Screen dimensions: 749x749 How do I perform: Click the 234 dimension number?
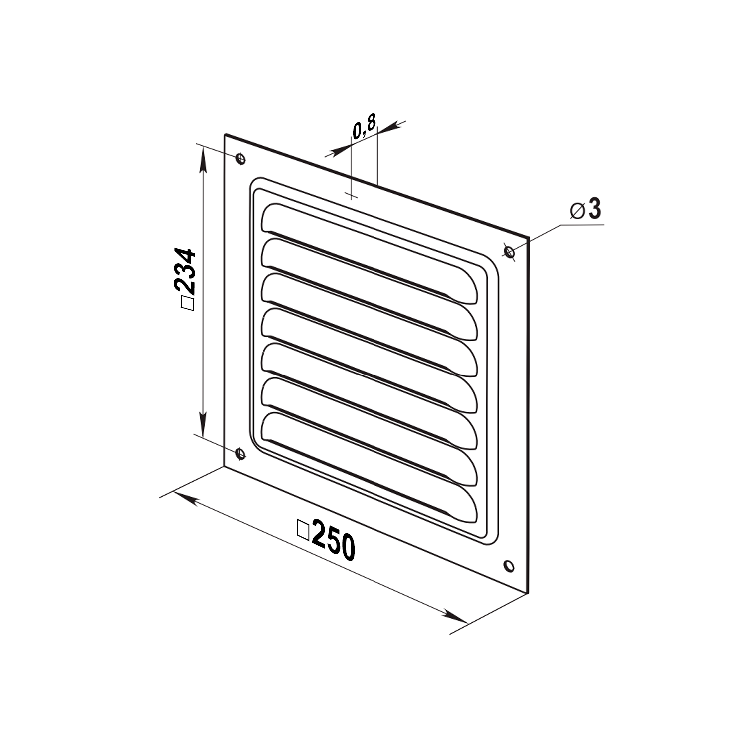(x=184, y=271)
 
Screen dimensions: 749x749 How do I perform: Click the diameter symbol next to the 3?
(x=577, y=211)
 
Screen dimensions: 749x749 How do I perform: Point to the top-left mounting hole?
(x=241, y=158)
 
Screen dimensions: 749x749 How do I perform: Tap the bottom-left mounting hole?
(x=241, y=454)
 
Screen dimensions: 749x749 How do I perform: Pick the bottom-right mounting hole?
(x=509, y=565)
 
